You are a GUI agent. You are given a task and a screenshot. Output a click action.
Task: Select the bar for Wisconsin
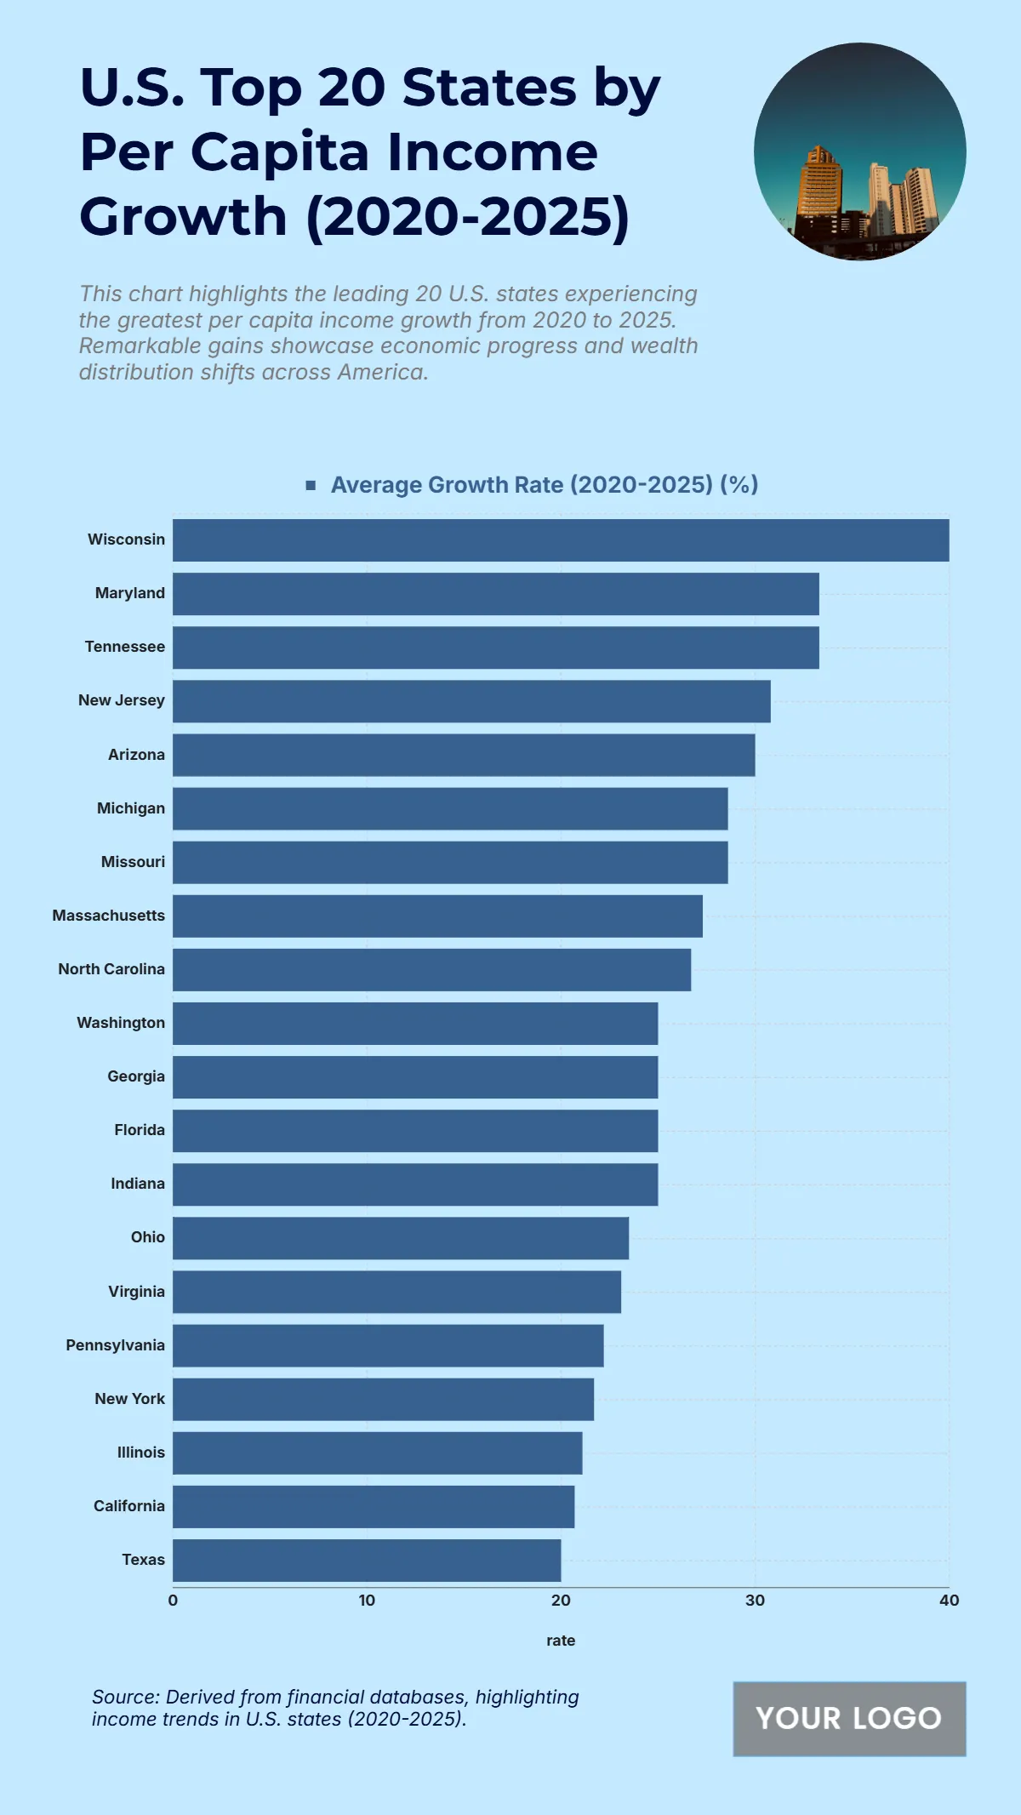(561, 540)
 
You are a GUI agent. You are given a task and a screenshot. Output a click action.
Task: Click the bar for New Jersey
(471, 701)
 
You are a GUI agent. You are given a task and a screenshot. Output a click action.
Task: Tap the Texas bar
(367, 1561)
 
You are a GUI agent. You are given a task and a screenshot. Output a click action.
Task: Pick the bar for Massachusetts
(437, 916)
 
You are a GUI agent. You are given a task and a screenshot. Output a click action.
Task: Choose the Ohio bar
(401, 1238)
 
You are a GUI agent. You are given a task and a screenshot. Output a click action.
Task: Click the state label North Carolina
(111, 969)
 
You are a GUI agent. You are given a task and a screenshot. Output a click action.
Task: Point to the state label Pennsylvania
(116, 1345)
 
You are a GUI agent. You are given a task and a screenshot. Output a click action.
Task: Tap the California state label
(129, 1506)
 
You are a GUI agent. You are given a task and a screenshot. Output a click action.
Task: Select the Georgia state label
(136, 1076)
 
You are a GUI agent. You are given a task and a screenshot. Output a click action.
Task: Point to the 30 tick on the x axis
(755, 1601)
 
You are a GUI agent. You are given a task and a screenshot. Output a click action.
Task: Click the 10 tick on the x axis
(367, 1601)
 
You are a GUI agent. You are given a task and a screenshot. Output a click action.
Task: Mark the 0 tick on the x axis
(173, 1601)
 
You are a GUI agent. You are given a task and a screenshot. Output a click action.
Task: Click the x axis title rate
(561, 1641)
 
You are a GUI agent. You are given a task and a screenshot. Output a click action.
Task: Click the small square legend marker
(311, 485)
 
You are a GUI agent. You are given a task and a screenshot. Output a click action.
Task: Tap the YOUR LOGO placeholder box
(849, 1719)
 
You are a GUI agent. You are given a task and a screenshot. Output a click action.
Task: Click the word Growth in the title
(184, 217)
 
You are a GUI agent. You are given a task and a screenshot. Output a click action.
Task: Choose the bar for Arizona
(464, 755)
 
